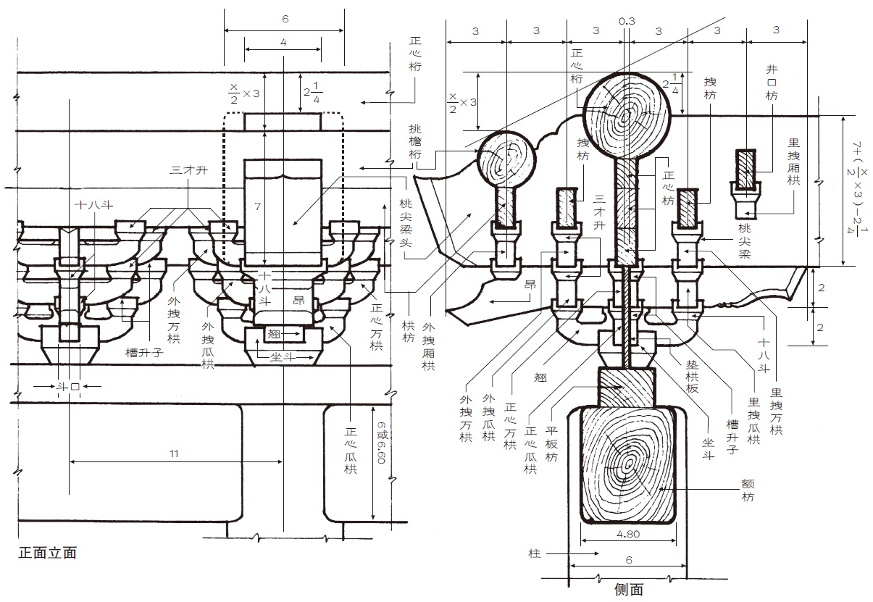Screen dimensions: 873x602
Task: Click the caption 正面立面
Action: click(47, 553)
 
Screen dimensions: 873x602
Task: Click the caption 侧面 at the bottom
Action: click(629, 590)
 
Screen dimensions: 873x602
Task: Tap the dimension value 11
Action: click(174, 453)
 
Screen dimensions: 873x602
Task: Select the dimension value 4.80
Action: click(628, 534)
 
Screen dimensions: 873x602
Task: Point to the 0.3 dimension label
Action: click(627, 21)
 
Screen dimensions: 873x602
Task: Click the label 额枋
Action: click(748, 490)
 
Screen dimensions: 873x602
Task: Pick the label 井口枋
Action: click(772, 83)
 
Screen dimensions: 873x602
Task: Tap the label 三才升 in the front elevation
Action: click(189, 170)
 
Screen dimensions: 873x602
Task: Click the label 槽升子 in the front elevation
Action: click(144, 353)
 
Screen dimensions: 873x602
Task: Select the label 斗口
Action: click(68, 387)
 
